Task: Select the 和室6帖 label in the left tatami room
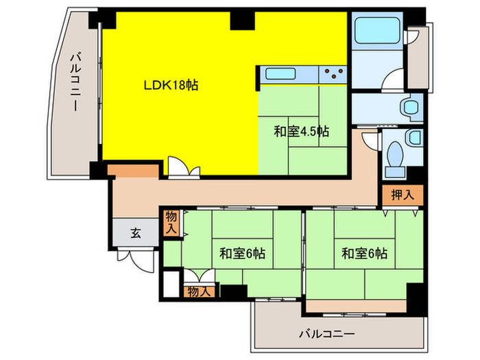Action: pos(242,254)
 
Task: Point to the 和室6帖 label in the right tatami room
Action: pos(365,254)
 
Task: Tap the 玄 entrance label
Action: pos(136,233)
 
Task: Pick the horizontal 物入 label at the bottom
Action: pos(200,291)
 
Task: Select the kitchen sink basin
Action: pos(279,73)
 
